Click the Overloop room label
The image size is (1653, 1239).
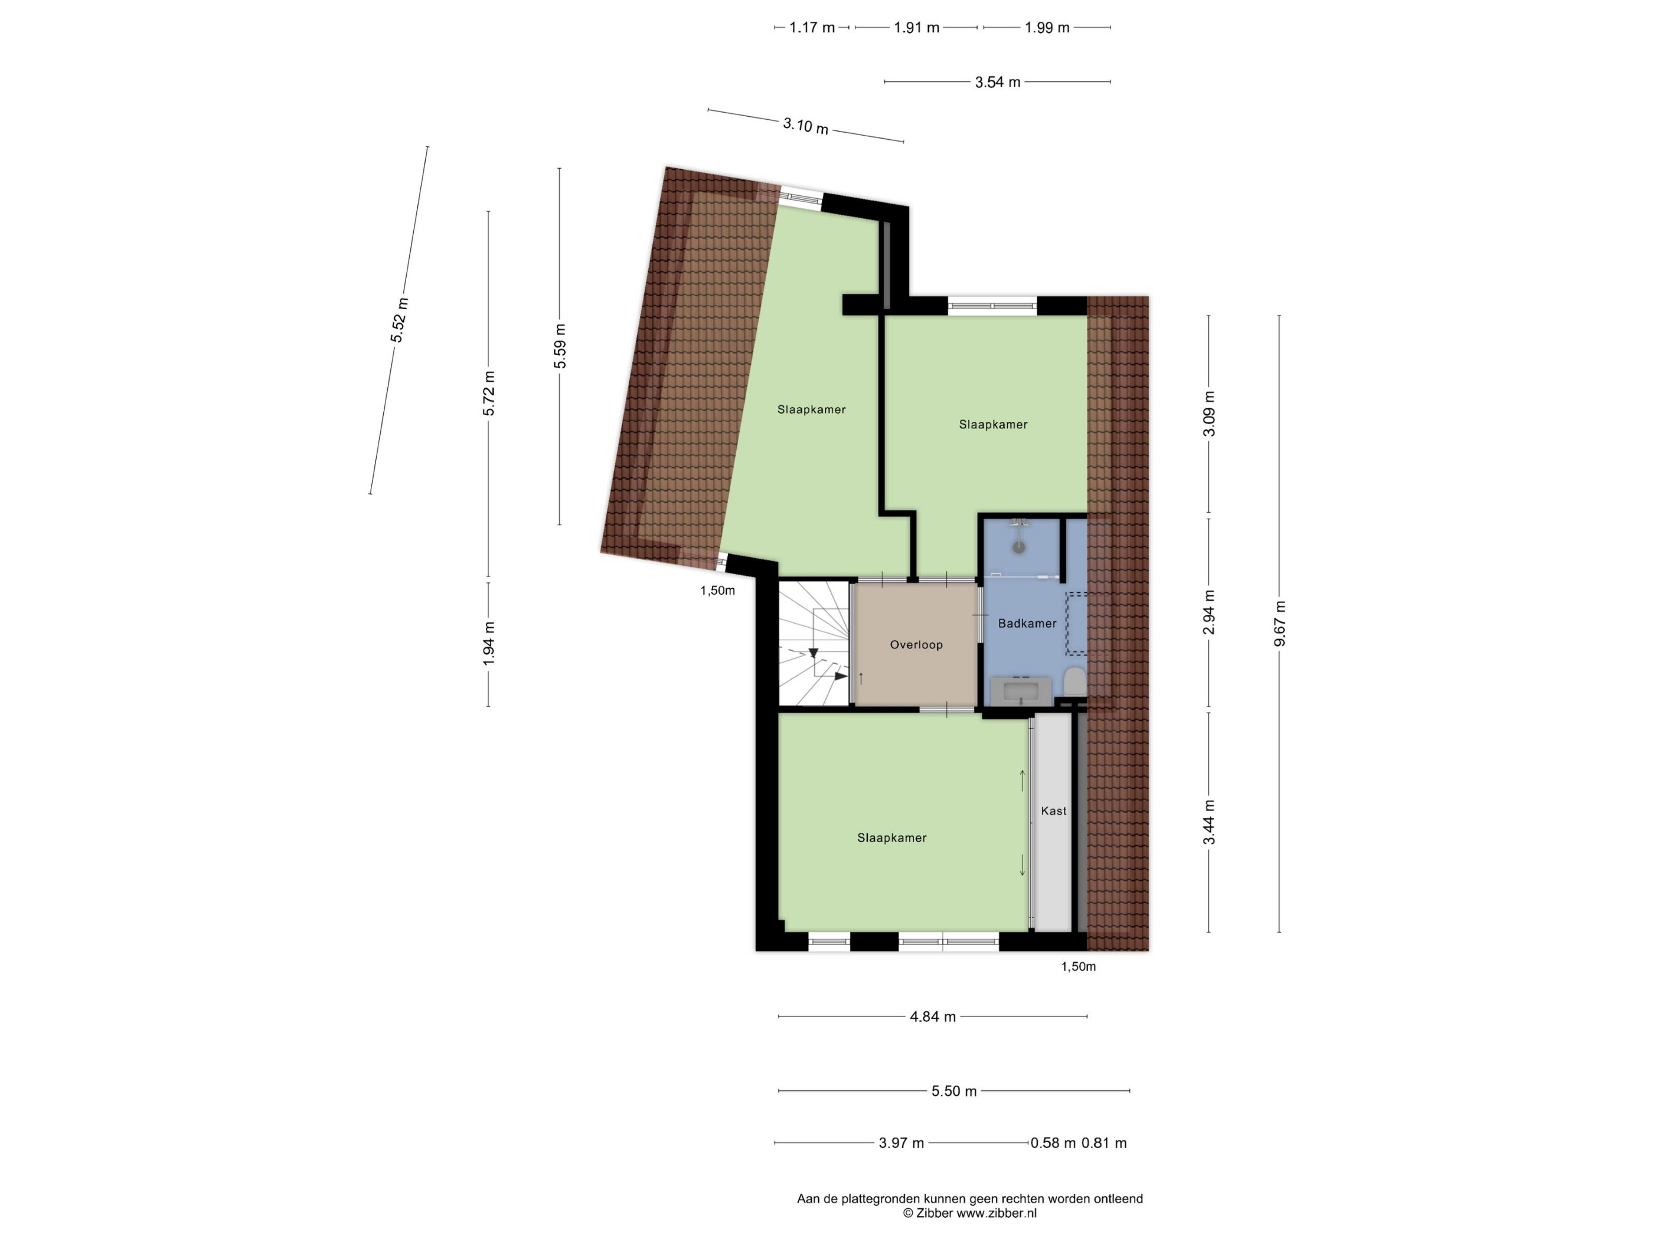(x=916, y=644)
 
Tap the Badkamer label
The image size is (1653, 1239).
(x=1028, y=623)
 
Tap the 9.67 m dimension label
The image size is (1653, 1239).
(x=1279, y=624)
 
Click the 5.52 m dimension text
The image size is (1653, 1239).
(x=399, y=320)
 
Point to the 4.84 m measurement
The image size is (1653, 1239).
(x=933, y=1017)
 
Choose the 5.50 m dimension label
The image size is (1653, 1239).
(x=954, y=1091)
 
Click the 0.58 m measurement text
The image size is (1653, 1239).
(x=1053, y=1143)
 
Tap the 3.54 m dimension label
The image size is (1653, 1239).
(x=998, y=82)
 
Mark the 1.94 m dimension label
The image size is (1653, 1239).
(x=489, y=644)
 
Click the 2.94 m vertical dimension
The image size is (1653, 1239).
(x=1209, y=612)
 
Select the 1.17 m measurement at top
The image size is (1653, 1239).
(x=812, y=28)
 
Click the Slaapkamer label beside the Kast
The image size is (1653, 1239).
(x=891, y=838)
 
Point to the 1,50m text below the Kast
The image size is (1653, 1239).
(x=1079, y=966)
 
